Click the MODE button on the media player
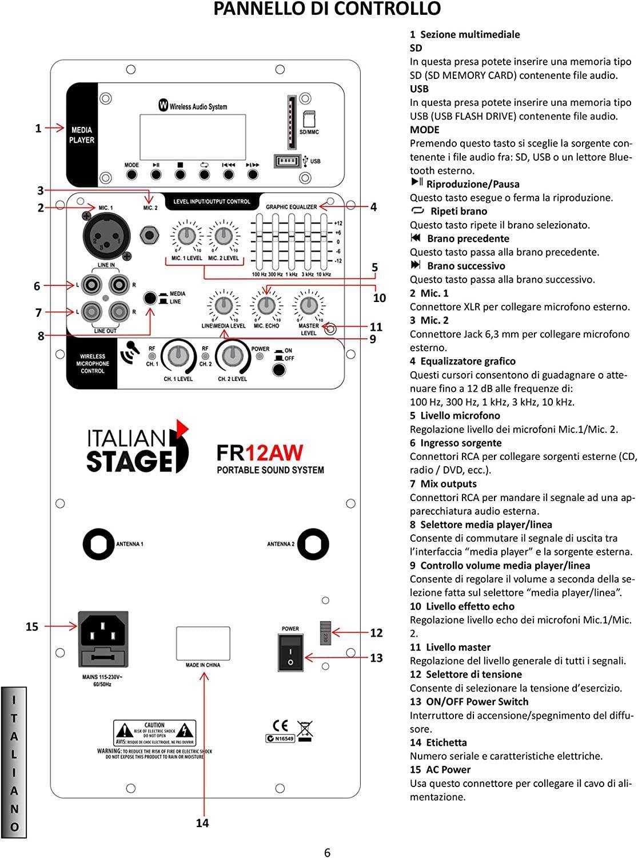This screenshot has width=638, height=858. point(131,175)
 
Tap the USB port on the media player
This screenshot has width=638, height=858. point(288,161)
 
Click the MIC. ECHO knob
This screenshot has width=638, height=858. point(266,305)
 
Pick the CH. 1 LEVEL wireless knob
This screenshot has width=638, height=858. point(178,356)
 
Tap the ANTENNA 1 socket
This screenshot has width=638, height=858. point(98,544)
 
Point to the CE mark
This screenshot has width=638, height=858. point(281,726)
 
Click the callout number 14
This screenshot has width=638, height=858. point(202,823)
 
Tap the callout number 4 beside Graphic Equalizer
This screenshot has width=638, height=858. point(373,206)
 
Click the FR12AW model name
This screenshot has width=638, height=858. point(260,453)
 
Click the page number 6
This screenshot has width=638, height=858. point(327,852)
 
